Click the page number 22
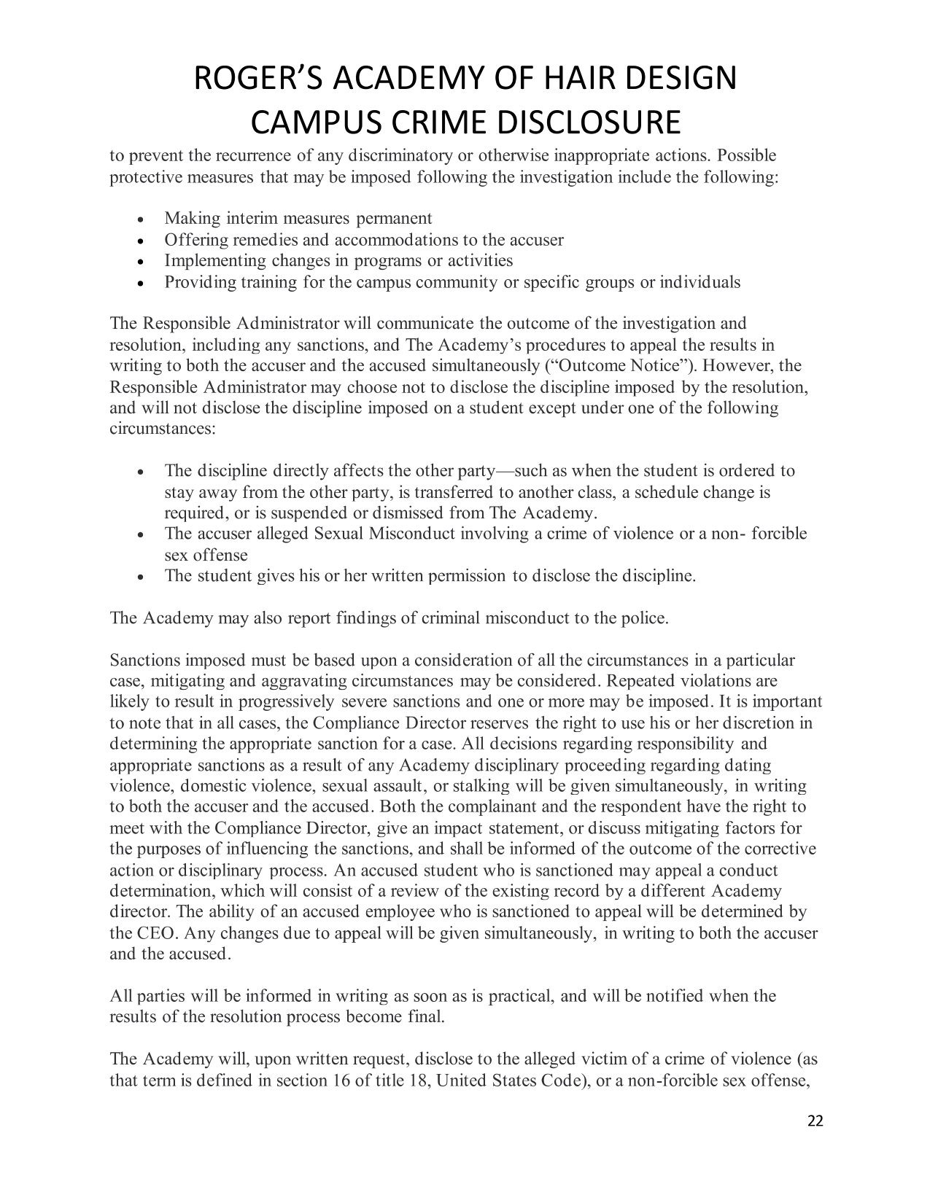815,1122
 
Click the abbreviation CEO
152,934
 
